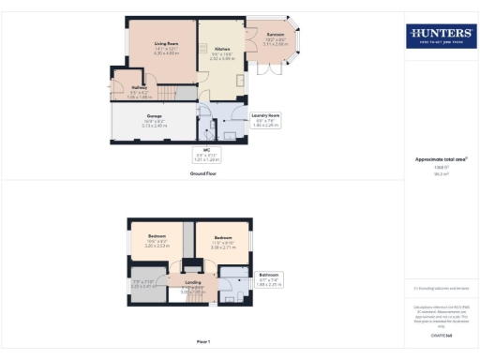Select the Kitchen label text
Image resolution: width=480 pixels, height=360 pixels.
coord(222,49)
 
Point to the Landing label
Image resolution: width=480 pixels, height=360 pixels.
coord(193,281)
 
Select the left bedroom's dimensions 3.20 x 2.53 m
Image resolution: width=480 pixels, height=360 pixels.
coord(156,244)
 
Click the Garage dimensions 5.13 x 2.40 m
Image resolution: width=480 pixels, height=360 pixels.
coord(154,124)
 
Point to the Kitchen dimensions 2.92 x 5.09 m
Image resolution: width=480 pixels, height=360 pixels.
coord(222,57)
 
